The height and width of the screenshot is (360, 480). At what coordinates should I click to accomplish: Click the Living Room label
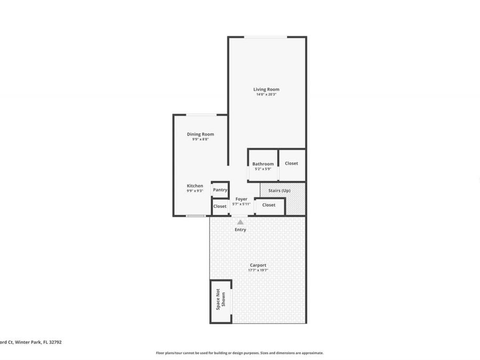pyautogui.click(x=266, y=89)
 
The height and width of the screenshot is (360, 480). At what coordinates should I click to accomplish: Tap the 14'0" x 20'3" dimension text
pyautogui.click(x=266, y=95)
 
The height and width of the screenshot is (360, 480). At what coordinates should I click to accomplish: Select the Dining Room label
pyautogui.click(x=200, y=134)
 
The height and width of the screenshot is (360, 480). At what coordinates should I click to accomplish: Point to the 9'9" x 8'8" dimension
pyautogui.click(x=200, y=139)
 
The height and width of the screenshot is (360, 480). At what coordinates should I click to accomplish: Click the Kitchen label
pyautogui.click(x=195, y=186)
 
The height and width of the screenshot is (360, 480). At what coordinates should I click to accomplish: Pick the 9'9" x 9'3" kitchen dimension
pyautogui.click(x=195, y=191)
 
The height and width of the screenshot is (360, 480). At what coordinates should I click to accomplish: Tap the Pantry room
pyautogui.click(x=220, y=189)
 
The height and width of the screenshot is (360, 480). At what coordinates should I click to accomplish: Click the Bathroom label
pyautogui.click(x=263, y=164)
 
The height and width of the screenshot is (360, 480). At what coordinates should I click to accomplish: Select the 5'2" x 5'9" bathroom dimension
pyautogui.click(x=262, y=169)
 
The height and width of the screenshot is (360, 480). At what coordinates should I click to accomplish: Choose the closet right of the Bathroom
pyautogui.click(x=291, y=163)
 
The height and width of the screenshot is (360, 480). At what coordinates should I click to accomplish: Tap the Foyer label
pyautogui.click(x=242, y=199)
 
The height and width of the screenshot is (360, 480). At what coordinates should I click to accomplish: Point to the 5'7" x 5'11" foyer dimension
pyautogui.click(x=242, y=204)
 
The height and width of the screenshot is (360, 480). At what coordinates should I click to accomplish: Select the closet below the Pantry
pyautogui.click(x=220, y=206)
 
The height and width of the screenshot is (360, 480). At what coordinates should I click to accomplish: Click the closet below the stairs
pyautogui.click(x=269, y=205)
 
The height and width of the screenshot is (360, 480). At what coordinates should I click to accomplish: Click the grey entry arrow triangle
pyautogui.click(x=240, y=222)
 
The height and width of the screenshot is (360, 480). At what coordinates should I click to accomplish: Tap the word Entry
pyautogui.click(x=241, y=230)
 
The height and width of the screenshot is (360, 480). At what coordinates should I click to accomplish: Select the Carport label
pyautogui.click(x=258, y=265)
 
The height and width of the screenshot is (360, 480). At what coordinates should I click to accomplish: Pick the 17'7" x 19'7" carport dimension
pyautogui.click(x=258, y=270)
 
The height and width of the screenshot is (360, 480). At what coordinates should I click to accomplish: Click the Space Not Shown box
pyautogui.click(x=220, y=301)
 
